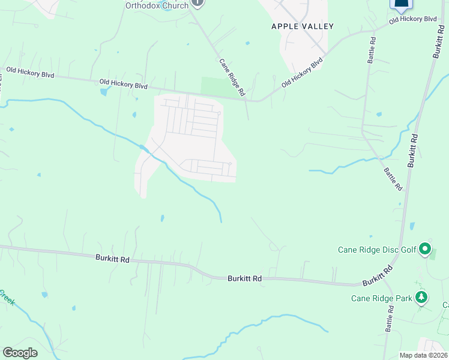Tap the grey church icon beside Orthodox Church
[x=199, y=4]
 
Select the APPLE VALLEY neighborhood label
[x=302, y=26]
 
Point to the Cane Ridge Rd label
[x=232, y=77]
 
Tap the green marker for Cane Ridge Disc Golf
[x=425, y=248]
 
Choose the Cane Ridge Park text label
[x=381, y=298]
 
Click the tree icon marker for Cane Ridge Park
[x=421, y=297]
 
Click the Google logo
[x=20, y=352]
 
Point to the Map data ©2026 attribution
[x=424, y=355]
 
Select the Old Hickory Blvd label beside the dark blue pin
[x=412, y=20]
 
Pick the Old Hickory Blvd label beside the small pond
[x=124, y=85]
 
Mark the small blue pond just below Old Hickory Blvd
[x=106, y=92]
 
